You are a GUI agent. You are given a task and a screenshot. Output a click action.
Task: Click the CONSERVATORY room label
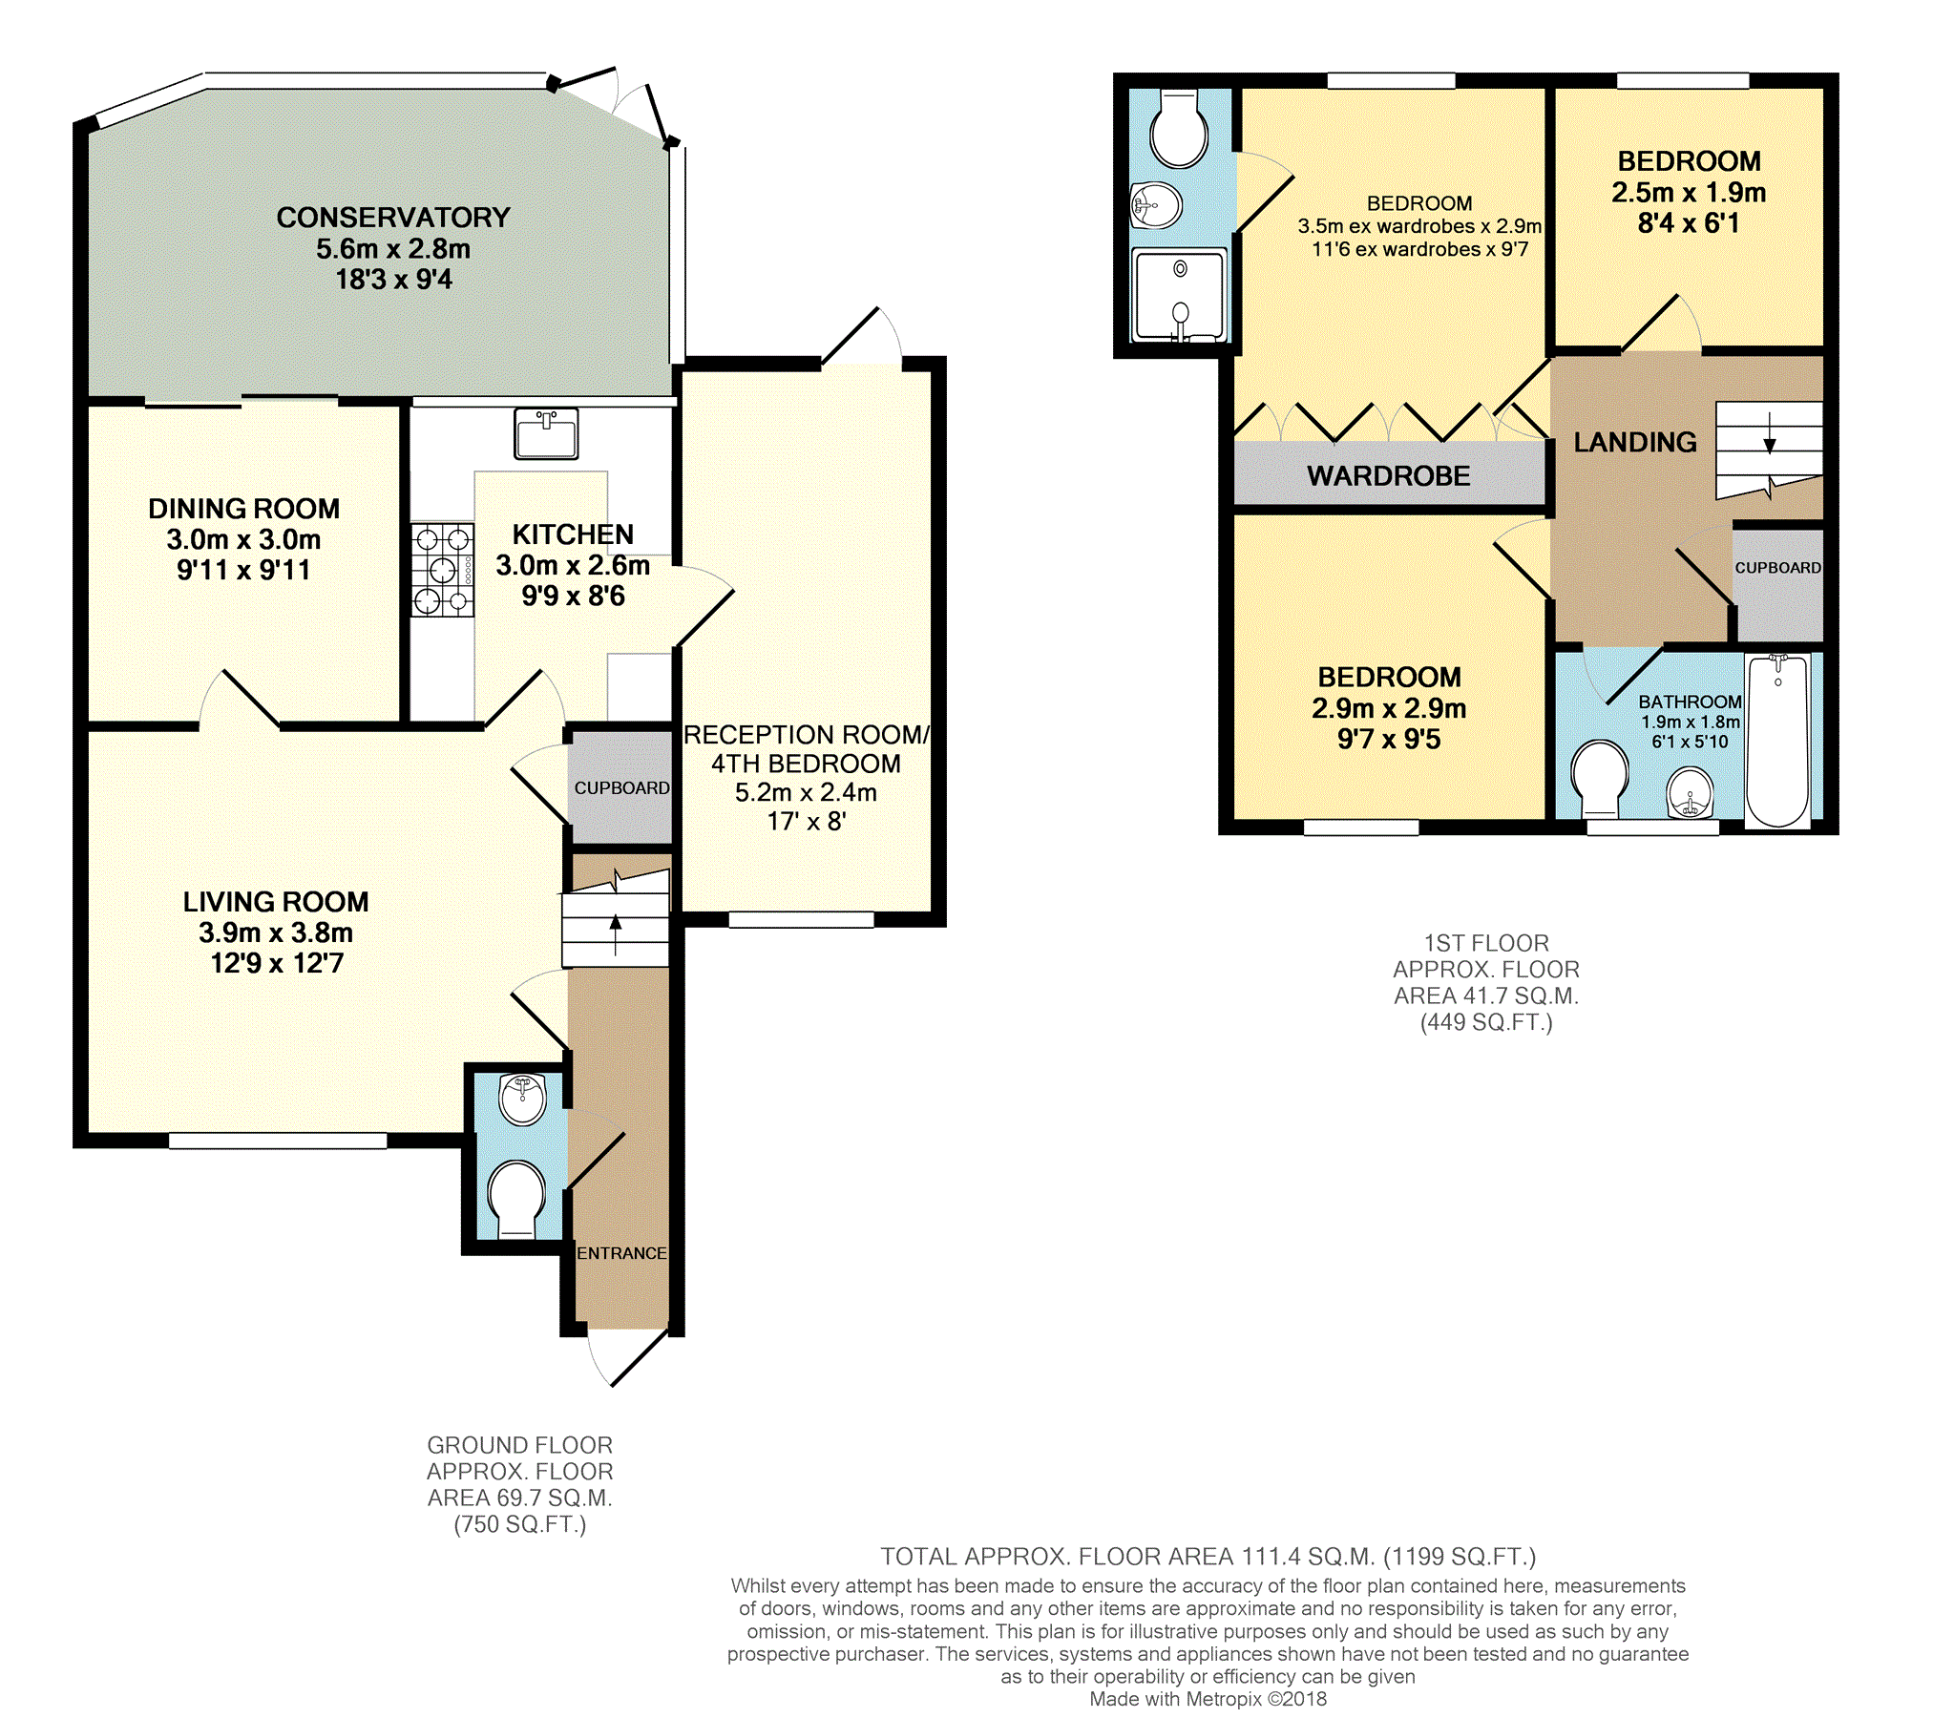click(x=393, y=218)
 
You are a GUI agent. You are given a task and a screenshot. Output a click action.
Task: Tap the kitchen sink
click(x=546, y=433)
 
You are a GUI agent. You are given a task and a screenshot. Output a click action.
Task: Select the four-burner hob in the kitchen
click(x=443, y=569)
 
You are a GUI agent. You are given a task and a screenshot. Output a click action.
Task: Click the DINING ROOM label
click(x=243, y=509)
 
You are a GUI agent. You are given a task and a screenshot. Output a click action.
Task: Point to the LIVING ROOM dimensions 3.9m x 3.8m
click(x=276, y=932)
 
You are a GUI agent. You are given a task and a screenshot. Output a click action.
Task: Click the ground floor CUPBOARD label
click(x=622, y=788)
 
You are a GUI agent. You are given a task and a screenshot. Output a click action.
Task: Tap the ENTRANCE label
click(x=621, y=1253)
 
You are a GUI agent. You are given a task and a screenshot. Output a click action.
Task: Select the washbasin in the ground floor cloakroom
click(x=522, y=1100)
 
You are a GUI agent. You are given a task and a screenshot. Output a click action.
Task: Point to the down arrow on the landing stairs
click(x=1769, y=432)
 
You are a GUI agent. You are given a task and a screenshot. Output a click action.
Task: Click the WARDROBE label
click(x=1389, y=475)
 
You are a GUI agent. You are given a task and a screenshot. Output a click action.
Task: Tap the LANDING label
click(x=1635, y=442)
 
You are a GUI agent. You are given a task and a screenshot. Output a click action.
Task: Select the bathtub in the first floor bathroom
click(x=1777, y=741)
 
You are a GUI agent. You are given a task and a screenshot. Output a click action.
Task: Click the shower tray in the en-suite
click(x=1179, y=295)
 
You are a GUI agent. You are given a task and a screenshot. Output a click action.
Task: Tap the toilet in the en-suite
click(x=1180, y=129)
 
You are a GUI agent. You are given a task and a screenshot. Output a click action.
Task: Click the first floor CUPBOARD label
click(x=1777, y=568)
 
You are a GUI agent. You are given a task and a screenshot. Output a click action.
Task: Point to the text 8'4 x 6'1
click(x=1689, y=223)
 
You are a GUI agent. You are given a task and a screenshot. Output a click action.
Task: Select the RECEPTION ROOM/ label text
click(x=807, y=735)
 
